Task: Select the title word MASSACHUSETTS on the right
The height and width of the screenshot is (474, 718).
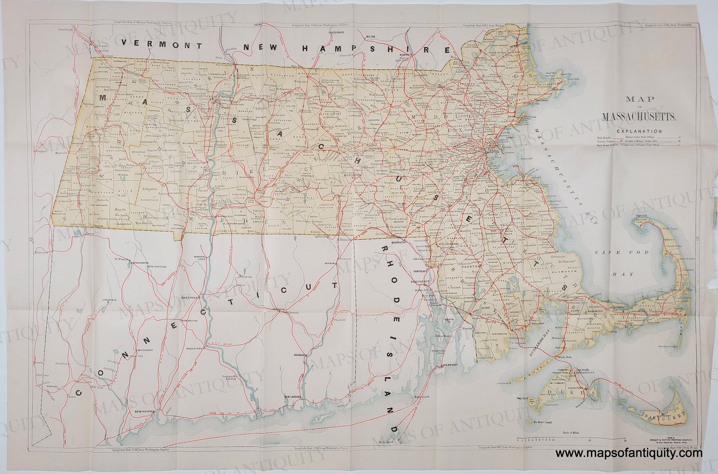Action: click(x=639, y=118)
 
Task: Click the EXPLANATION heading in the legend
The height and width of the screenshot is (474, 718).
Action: click(x=639, y=131)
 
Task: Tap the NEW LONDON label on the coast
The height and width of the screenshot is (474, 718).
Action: click(x=294, y=397)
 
